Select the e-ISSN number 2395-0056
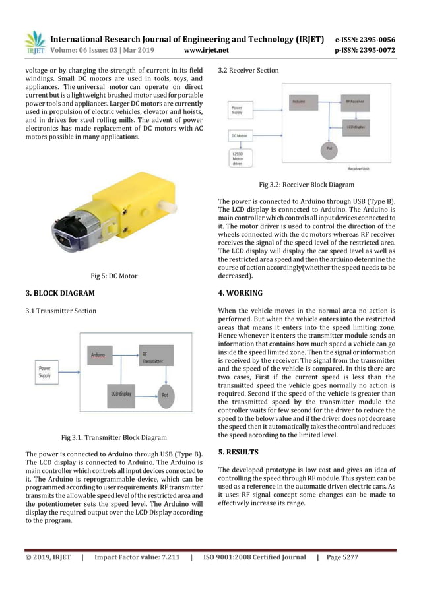[x=374, y=39]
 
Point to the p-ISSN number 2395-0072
[x=374, y=49]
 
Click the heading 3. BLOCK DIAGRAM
[x=60, y=292]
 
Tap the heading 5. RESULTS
[x=238, y=452]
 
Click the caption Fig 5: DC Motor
[x=113, y=276]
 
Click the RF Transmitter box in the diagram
[x=150, y=357]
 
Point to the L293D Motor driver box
[x=240, y=159]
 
